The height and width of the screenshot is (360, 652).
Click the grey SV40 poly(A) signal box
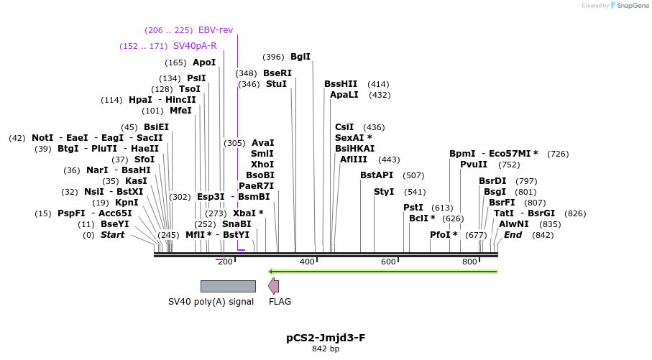pos(228,286)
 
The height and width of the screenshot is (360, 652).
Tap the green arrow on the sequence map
pos(382,271)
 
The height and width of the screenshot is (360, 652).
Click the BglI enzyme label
pos(300,57)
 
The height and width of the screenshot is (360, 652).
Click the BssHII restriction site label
pos(341,84)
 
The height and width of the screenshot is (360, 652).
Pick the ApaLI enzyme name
pos(344,95)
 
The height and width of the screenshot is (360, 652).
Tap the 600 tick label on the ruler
pos(388,262)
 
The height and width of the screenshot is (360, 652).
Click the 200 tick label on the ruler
pos(225,262)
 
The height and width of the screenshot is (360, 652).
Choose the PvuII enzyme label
pos(474,165)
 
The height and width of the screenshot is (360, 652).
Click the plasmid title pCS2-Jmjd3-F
pos(326,337)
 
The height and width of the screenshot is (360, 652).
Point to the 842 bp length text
pos(326,349)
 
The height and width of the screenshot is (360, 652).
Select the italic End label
pos(513,235)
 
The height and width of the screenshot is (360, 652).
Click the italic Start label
pos(112,235)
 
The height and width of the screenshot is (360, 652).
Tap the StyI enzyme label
pos(385,192)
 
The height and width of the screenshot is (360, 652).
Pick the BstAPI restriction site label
pos(377,175)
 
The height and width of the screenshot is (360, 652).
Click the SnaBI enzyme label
pos(237,224)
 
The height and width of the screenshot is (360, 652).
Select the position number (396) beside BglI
pos(273,57)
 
